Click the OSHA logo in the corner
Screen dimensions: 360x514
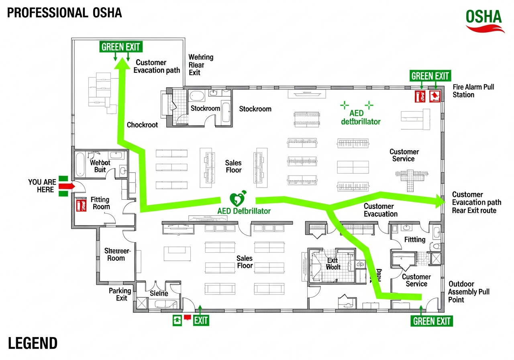tap(485, 20)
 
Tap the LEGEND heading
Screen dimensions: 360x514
tap(33, 344)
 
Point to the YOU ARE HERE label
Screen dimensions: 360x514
tap(42, 186)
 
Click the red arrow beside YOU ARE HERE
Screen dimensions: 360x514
tap(67, 186)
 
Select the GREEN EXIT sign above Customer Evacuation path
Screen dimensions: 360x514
tap(121, 47)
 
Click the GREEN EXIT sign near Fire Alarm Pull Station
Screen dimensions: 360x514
tap(430, 76)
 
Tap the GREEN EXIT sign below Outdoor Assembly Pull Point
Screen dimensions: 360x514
tap(432, 321)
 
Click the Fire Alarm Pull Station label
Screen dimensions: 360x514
tap(473, 91)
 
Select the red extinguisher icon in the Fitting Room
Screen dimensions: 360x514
tap(82, 205)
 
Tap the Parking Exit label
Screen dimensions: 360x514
tap(120, 294)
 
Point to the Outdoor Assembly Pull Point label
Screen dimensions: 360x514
tap(469, 292)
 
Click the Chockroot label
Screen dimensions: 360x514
tap(142, 125)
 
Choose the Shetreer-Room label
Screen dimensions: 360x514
tap(117, 254)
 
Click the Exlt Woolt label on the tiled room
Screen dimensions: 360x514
tap(333, 264)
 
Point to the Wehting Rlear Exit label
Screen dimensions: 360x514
tap(200, 65)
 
